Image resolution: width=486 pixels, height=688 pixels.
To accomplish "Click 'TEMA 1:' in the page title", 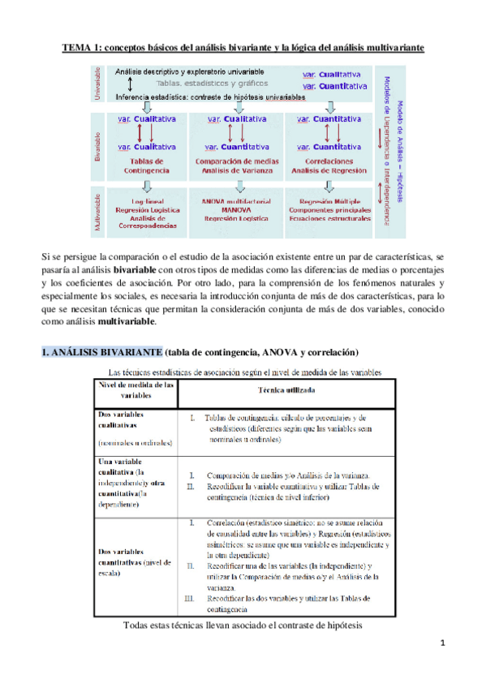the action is [x=82, y=48].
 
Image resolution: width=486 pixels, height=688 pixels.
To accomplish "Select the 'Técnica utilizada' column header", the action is [x=286, y=389].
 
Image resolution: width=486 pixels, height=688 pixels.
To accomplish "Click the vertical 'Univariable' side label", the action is [x=98, y=86].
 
